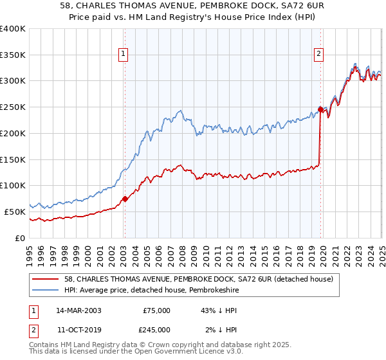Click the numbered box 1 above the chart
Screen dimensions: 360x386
tap(123, 55)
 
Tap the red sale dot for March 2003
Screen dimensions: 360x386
tap(125, 199)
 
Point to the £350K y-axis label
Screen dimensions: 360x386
tap(12, 55)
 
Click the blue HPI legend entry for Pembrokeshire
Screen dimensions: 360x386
tap(154, 291)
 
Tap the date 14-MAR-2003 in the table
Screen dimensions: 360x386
tap(78, 310)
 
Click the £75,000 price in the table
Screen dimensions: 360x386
tap(157, 310)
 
